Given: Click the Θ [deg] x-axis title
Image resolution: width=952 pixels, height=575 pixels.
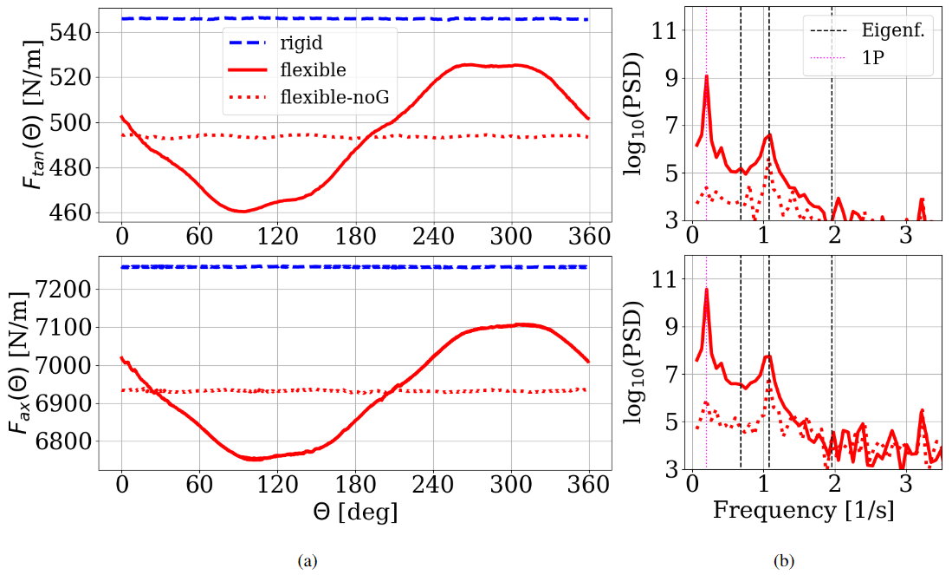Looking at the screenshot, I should pyautogui.click(x=355, y=513).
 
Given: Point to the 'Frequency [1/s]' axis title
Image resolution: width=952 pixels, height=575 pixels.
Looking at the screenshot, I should pyautogui.click(x=803, y=512).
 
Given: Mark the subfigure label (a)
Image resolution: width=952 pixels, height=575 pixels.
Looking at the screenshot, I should pyautogui.click(x=307, y=561).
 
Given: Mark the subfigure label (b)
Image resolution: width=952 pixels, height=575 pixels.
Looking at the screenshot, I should pyautogui.click(x=783, y=561).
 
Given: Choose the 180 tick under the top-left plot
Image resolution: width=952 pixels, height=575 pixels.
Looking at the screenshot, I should pyautogui.click(x=355, y=236).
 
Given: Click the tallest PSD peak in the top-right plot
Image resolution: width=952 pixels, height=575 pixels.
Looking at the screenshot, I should pyautogui.click(x=707, y=76).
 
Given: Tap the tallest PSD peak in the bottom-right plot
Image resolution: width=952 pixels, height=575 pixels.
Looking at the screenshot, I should pyautogui.click(x=707, y=289).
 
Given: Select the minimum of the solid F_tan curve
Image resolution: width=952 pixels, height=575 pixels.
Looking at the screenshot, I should pyautogui.click(x=243, y=211).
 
